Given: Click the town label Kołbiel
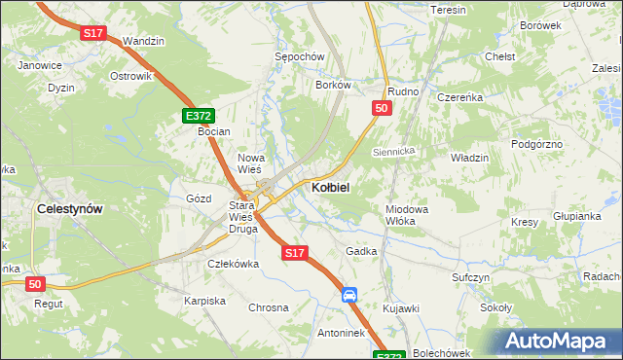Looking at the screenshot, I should click(330, 186).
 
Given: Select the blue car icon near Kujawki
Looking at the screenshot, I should click(349, 295).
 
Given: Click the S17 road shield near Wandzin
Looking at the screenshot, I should click(92, 33).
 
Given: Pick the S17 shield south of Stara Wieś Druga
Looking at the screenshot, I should click(296, 253).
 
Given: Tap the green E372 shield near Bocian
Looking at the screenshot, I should click(198, 116).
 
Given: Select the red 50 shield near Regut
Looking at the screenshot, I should click(35, 283).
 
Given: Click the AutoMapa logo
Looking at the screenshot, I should click(562, 342).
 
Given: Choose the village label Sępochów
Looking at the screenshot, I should click(298, 57).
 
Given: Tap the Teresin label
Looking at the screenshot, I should click(449, 10).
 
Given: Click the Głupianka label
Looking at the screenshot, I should click(576, 216).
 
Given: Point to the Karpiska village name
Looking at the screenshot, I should click(204, 301).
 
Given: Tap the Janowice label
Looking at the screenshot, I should click(41, 65).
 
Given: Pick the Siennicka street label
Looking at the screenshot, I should click(394, 152).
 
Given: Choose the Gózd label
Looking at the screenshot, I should click(199, 198).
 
